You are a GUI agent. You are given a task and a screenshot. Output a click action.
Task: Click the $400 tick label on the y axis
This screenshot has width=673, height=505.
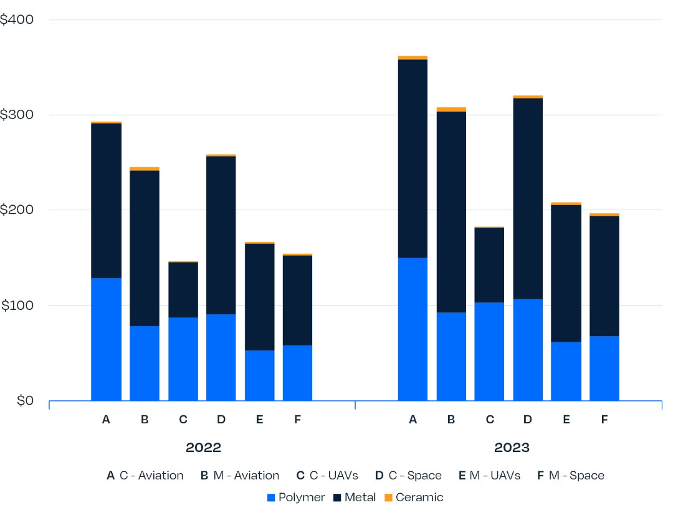pyautogui.click(x=17, y=20)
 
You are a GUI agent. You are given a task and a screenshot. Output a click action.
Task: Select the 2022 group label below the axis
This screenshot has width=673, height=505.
pyautogui.click(x=203, y=448)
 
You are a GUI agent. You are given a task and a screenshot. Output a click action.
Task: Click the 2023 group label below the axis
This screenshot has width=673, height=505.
pyautogui.click(x=512, y=448)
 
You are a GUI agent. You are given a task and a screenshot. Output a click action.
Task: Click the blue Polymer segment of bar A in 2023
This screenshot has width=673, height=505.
pyautogui.click(x=413, y=329)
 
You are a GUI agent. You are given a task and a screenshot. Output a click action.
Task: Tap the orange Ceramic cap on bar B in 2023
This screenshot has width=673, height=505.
pyautogui.click(x=451, y=109)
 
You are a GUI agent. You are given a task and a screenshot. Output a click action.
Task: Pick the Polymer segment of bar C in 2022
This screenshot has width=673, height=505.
pyautogui.click(x=183, y=358)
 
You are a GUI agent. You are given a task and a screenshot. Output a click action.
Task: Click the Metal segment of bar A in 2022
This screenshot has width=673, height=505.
pyautogui.click(x=106, y=200)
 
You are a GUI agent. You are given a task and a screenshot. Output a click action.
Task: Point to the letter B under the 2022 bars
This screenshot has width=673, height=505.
pyautogui.click(x=145, y=420)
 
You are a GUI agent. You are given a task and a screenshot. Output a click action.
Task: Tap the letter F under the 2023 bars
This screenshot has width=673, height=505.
pyautogui.click(x=604, y=420)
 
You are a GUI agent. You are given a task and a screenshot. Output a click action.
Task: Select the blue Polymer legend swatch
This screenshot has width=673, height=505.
pyautogui.click(x=270, y=498)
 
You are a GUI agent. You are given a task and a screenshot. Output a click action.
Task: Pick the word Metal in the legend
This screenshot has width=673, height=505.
pyautogui.click(x=360, y=498)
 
